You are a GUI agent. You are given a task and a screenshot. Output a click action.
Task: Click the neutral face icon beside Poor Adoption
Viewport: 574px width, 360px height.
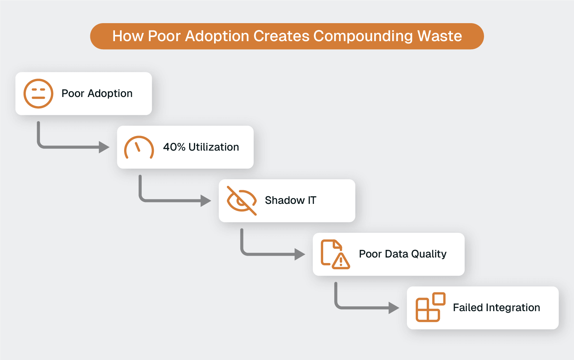pyautogui.click(x=38, y=94)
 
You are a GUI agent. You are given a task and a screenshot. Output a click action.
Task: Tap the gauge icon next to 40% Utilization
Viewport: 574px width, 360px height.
pyautogui.click(x=139, y=148)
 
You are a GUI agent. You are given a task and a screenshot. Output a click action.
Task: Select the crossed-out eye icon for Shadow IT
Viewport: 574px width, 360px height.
pyautogui.click(x=241, y=201)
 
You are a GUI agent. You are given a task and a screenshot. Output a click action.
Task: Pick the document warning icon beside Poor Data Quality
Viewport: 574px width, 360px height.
pyautogui.click(x=335, y=254)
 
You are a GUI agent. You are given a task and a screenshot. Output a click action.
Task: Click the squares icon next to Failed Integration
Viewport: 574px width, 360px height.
pyautogui.click(x=430, y=307)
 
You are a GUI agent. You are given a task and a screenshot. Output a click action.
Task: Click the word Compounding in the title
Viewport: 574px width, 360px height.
pyautogui.click(x=363, y=36)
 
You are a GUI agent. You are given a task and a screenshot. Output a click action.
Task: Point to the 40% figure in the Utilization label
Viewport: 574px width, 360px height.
pyautogui.click(x=174, y=147)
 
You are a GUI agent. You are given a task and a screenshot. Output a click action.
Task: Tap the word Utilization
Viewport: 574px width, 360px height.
pyautogui.click(x=213, y=147)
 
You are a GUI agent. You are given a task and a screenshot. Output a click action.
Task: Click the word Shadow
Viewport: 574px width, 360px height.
pyautogui.click(x=285, y=200)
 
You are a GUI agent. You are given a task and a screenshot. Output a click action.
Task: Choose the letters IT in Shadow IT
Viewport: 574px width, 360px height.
pyautogui.click(x=312, y=200)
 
